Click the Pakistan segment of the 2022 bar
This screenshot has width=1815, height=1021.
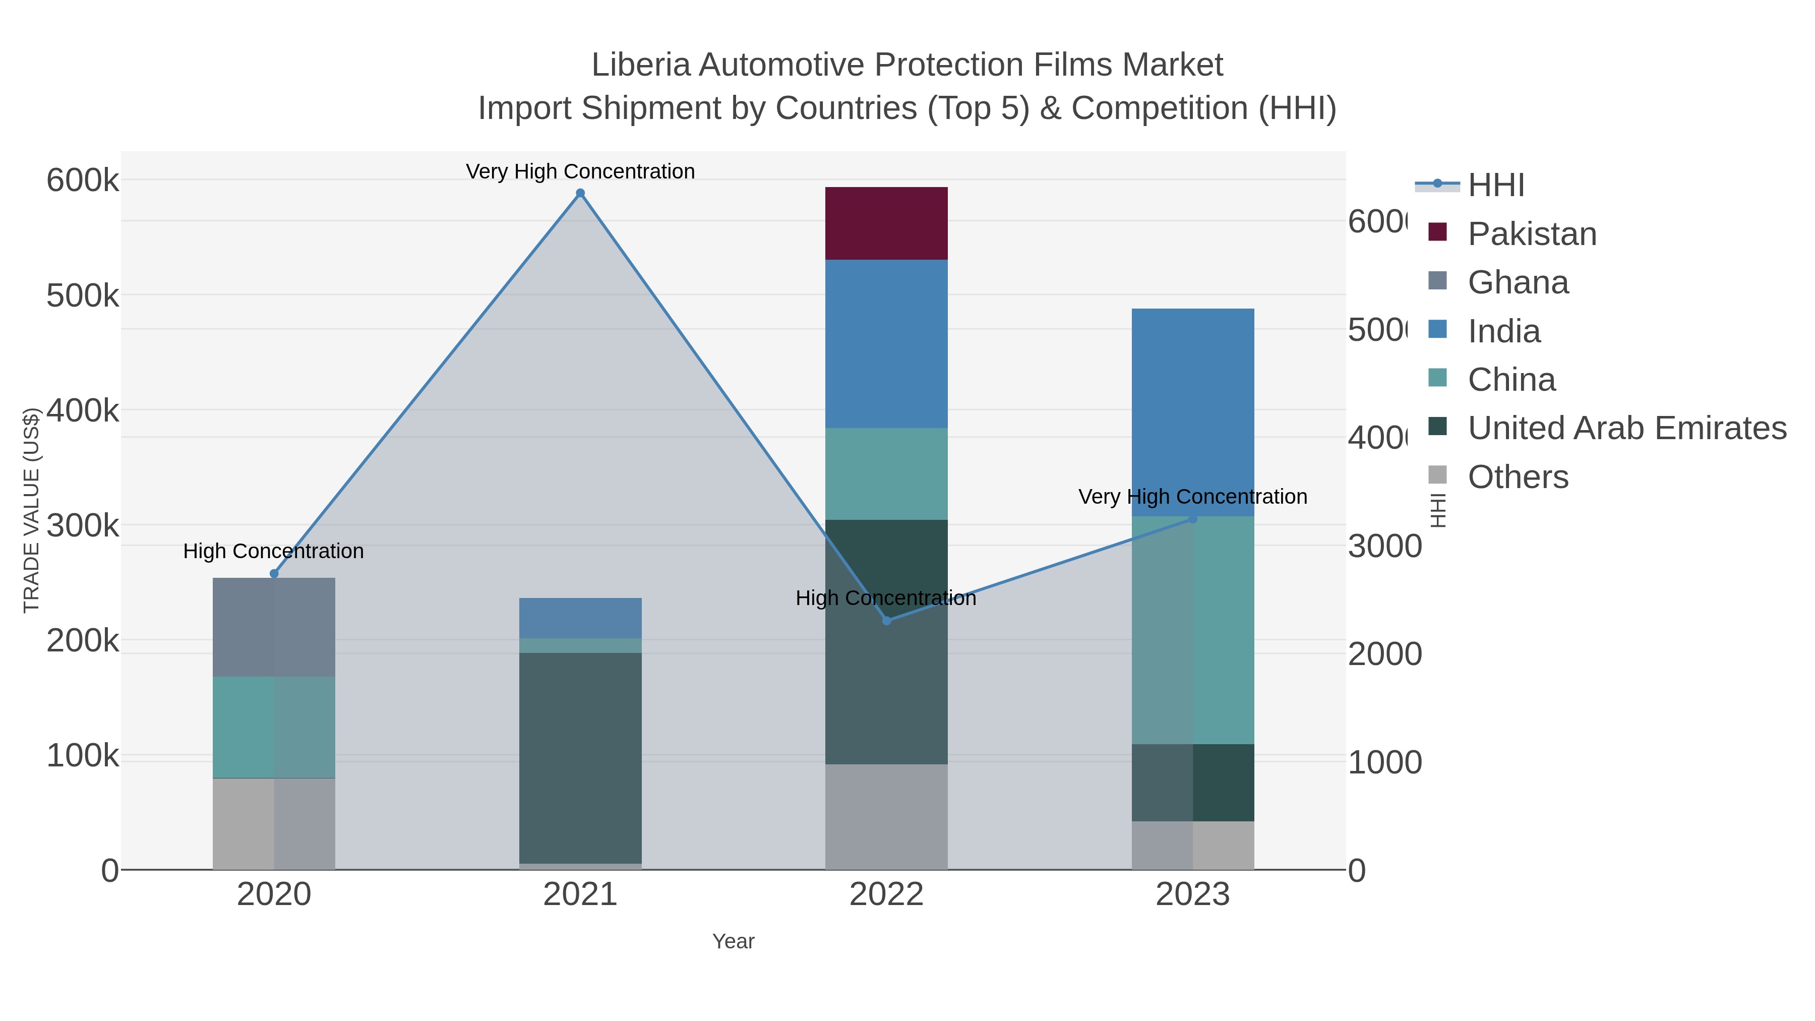(x=886, y=223)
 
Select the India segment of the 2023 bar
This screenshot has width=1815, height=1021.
(x=1192, y=412)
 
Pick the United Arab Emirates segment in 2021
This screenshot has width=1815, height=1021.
(x=580, y=757)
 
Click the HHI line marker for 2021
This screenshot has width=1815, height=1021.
(x=580, y=193)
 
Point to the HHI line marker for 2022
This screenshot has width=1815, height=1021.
(x=886, y=620)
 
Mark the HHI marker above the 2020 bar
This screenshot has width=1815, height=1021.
(x=274, y=574)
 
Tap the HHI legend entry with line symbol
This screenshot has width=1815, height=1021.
(x=1495, y=186)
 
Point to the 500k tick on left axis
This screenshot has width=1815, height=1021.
(x=83, y=296)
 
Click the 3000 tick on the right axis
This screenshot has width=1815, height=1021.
(x=1384, y=546)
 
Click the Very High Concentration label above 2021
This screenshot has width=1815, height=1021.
(x=580, y=171)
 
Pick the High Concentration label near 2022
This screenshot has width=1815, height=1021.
(x=886, y=598)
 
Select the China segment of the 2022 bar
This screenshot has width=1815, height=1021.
(x=886, y=473)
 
